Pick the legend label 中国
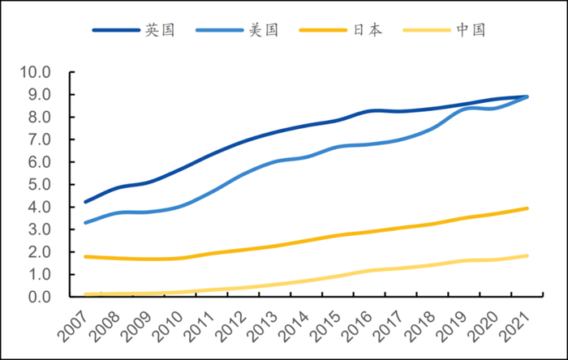[x=470, y=30]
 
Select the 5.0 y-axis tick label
[x=39, y=185]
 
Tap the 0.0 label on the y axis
[x=39, y=298]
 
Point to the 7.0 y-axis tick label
[x=39, y=139]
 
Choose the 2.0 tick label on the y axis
[x=39, y=252]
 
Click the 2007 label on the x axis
[x=72, y=327]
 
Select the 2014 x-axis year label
[x=286, y=327]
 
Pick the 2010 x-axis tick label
[x=164, y=327]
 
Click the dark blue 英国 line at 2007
[x=86, y=202]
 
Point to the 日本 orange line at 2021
[x=528, y=208]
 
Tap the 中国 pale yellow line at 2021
[x=528, y=255]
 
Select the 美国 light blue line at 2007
[x=86, y=222]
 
